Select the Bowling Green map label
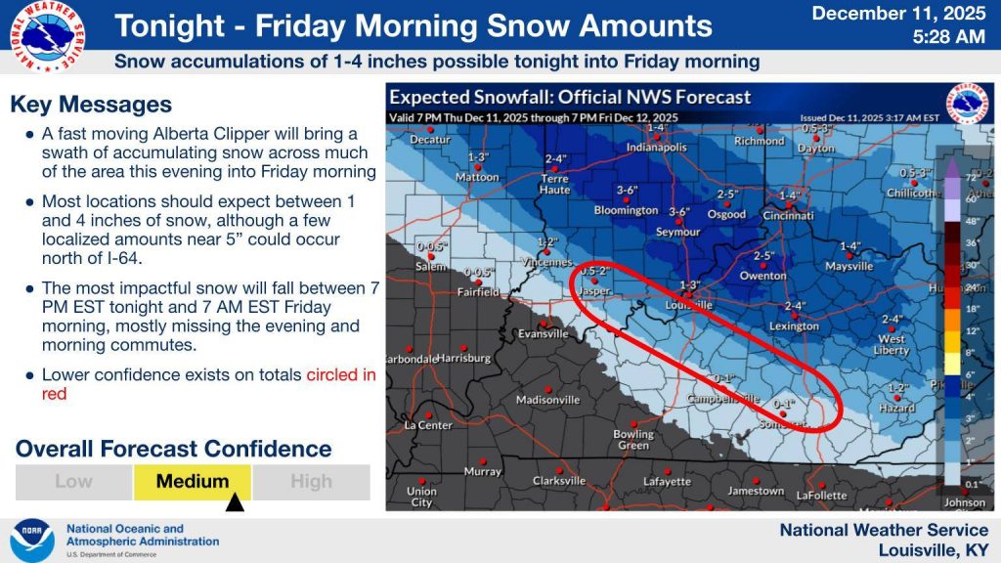tap(633, 440)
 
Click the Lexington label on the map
tap(794, 326)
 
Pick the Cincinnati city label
tap(788, 215)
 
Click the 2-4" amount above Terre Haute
tap(555, 158)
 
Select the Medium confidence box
tap(193, 481)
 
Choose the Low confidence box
tap(74, 481)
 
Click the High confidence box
tap(311, 481)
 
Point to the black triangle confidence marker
tap(235, 504)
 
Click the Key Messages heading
tap(91, 105)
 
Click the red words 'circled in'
tap(340, 374)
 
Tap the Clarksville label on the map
tap(559, 481)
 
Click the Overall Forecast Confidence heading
tap(174, 450)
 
